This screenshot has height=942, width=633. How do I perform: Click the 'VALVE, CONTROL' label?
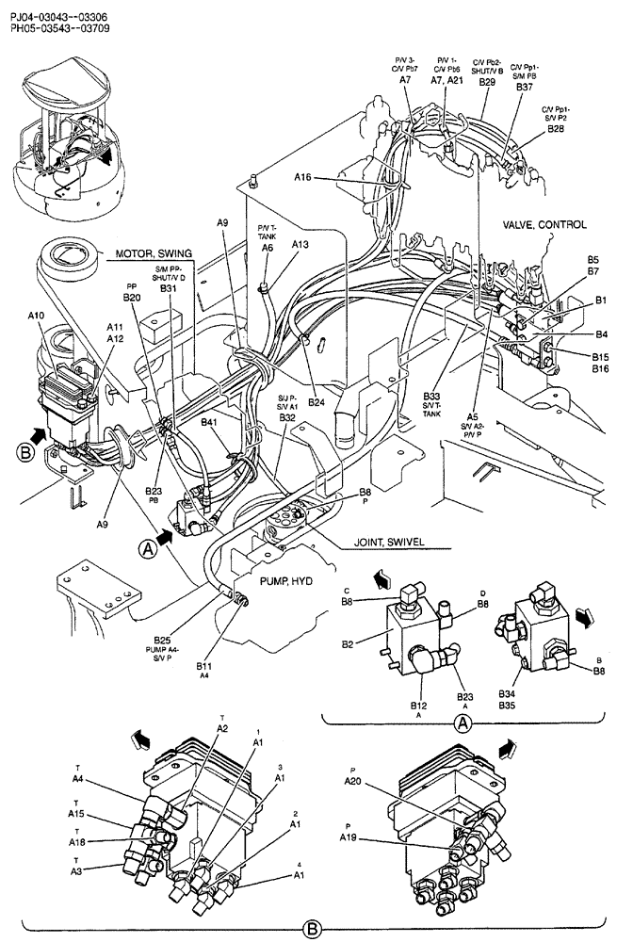(545, 225)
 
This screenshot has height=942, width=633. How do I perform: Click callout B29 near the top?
(487, 83)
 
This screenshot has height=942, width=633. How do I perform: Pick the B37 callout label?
(525, 87)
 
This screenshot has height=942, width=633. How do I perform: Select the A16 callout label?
(303, 177)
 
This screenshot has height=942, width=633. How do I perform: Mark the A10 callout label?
(36, 316)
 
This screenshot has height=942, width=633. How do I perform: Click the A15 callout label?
(77, 814)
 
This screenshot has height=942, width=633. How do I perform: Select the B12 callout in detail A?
(419, 705)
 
